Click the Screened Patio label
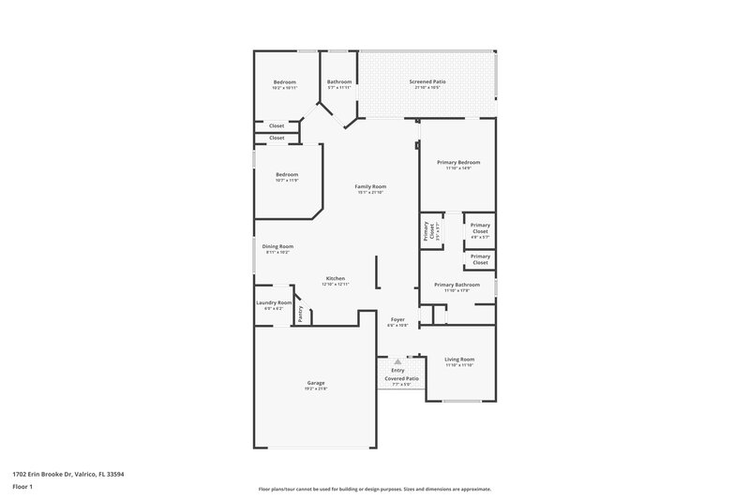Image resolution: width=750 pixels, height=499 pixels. pos(427,81)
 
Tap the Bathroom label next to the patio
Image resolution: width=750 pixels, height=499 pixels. pos(339,81)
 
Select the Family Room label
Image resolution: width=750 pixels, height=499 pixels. pos(370,186)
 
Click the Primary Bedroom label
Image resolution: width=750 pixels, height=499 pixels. pos(458,162)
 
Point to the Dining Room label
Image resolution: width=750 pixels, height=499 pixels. pos(277,246)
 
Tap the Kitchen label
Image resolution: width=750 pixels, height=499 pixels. pos(335,278)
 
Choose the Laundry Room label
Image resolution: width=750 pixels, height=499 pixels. pos(274,302)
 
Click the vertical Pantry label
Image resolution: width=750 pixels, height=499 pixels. pos(300,316)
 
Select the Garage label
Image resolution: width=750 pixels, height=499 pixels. pos(316,382)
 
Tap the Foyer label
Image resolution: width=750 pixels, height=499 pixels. pos(397,320)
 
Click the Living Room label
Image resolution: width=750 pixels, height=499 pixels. pos(458,359)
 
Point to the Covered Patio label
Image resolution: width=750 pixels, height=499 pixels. pos(398,378)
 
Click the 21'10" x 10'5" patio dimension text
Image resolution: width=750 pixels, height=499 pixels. pos(427,88)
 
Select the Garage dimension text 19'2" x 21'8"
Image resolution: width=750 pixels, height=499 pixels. pos(316,389)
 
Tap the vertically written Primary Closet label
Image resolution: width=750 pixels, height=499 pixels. pos(427,230)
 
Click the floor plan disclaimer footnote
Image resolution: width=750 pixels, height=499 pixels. pos(375,489)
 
